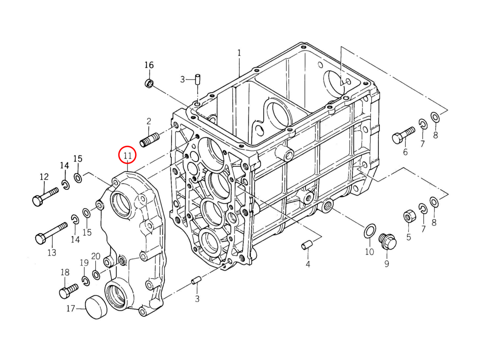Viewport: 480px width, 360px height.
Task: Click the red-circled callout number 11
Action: point(128,155)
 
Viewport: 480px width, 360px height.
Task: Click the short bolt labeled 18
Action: point(68,291)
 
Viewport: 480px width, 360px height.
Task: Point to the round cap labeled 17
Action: point(97,307)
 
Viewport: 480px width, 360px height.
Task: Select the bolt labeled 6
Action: point(403,136)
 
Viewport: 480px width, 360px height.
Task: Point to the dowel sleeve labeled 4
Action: point(306,244)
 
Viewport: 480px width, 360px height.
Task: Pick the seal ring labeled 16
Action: point(149,84)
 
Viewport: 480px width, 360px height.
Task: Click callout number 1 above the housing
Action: point(239,52)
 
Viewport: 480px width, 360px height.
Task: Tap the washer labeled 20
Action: point(96,275)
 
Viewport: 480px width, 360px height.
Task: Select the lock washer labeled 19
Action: point(85,281)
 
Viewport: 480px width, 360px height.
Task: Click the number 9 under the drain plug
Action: point(386,264)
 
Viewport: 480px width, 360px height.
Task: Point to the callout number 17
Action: point(71,308)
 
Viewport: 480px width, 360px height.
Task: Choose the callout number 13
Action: point(52,252)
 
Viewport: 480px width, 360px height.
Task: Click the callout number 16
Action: point(149,65)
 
